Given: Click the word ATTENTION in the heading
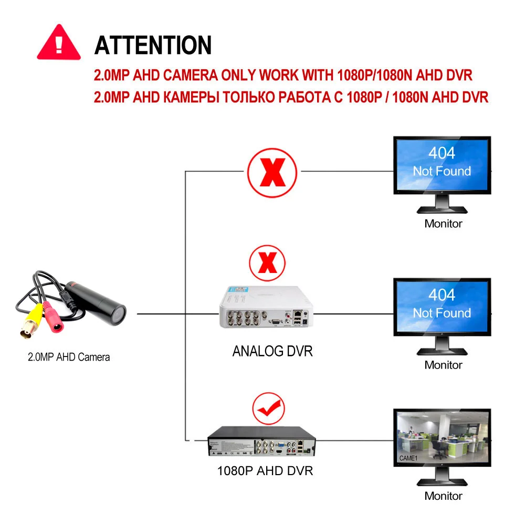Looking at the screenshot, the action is [153, 45].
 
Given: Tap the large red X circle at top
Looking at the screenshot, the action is [272, 172].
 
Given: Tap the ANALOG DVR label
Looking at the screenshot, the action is [272, 351].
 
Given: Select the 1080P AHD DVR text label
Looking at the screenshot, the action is [265, 470].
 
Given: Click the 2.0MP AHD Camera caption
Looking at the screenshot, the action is [69, 358].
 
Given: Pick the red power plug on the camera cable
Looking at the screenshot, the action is [55, 321].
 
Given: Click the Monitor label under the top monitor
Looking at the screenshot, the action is [443, 224].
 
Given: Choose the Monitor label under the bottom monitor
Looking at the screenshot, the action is [443, 496].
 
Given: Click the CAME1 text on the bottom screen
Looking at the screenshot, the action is [408, 459].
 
